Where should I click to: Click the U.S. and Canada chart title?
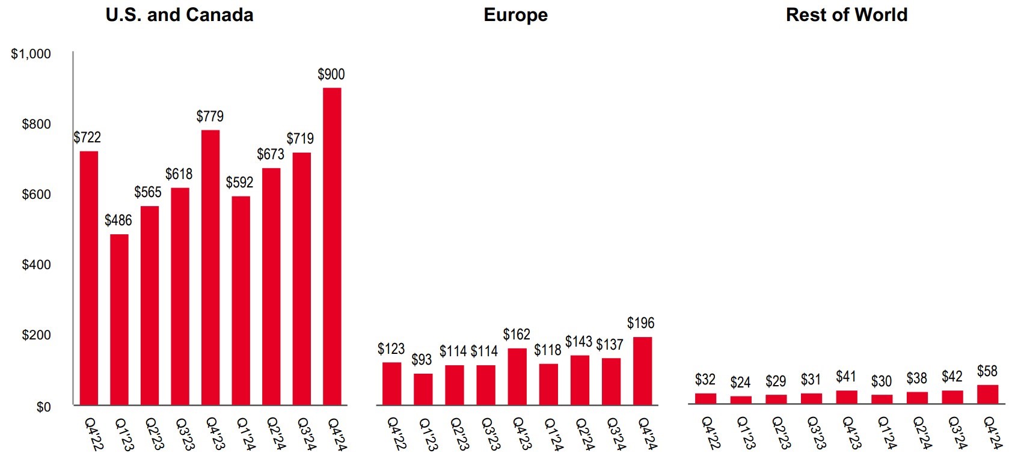(179, 15)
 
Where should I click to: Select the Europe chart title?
(515, 15)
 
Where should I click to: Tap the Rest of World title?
(846, 15)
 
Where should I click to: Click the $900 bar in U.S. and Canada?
(332, 246)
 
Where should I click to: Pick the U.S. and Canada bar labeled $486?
(119, 319)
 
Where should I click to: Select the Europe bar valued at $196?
(642, 371)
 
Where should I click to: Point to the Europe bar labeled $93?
(423, 389)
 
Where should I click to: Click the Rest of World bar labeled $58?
(987, 394)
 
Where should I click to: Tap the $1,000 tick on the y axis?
(31, 54)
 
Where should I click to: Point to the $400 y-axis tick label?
(36, 264)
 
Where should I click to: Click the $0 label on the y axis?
(43, 407)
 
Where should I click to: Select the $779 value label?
(210, 116)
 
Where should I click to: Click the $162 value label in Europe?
(517, 334)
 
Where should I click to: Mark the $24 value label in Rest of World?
(740, 382)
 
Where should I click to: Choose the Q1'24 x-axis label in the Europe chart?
(553, 434)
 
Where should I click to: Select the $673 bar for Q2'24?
(271, 286)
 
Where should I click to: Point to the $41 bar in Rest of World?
(847, 397)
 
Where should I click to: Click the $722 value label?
(87, 137)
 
